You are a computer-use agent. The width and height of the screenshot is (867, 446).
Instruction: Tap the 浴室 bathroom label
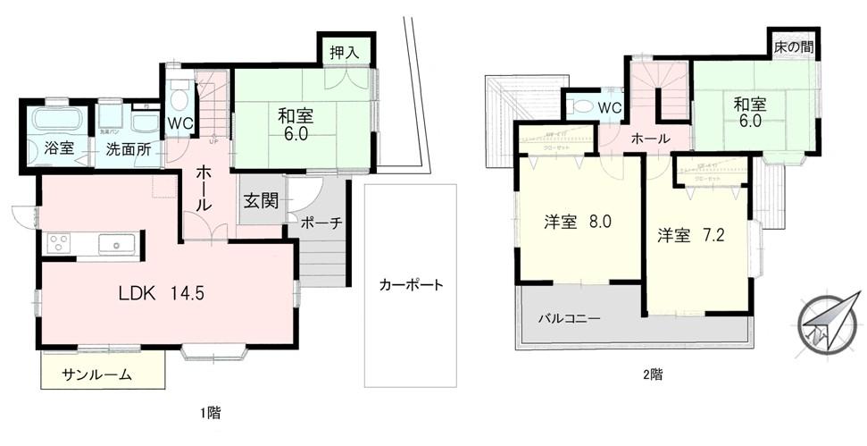click(x=54, y=149)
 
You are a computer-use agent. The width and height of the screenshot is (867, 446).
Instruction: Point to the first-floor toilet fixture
click(x=179, y=95)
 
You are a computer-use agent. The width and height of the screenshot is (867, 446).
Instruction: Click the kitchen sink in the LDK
click(x=116, y=242)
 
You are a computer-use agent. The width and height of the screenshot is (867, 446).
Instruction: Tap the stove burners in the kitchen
click(x=60, y=243)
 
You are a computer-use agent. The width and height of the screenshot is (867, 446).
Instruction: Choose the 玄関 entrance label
click(x=261, y=200)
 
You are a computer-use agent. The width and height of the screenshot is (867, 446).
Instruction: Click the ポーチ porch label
click(x=321, y=223)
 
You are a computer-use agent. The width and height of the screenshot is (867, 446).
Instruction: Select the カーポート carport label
click(x=411, y=286)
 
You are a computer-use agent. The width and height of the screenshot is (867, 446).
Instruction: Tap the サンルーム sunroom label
click(x=96, y=374)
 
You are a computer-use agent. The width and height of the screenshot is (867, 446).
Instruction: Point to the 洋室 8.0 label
click(x=577, y=222)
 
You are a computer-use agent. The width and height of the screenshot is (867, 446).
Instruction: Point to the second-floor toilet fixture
click(x=584, y=105)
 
